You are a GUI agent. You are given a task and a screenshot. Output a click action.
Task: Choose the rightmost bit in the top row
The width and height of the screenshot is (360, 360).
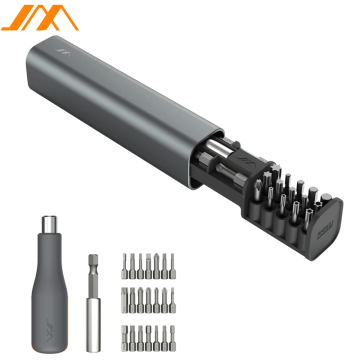click(180, 266)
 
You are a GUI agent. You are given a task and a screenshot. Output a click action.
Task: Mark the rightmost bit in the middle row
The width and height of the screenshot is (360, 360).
click(180, 301)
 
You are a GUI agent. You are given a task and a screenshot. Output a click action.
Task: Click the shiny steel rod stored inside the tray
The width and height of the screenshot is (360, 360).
click(215, 160)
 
